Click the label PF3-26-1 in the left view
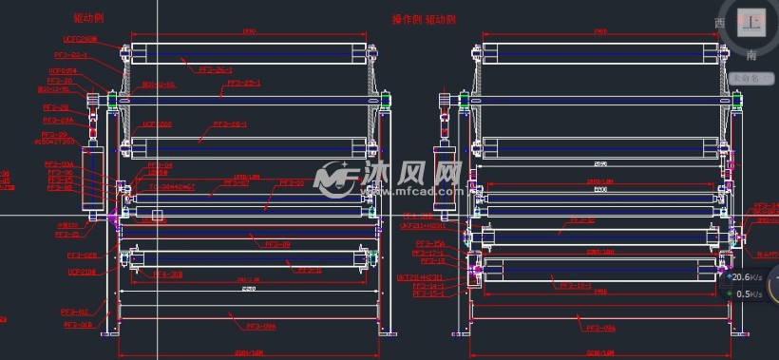215,69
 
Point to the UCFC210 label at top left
80,39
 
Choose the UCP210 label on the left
80,272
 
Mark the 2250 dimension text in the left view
248,288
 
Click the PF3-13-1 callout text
577,285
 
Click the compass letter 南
724,56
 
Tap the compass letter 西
718,22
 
